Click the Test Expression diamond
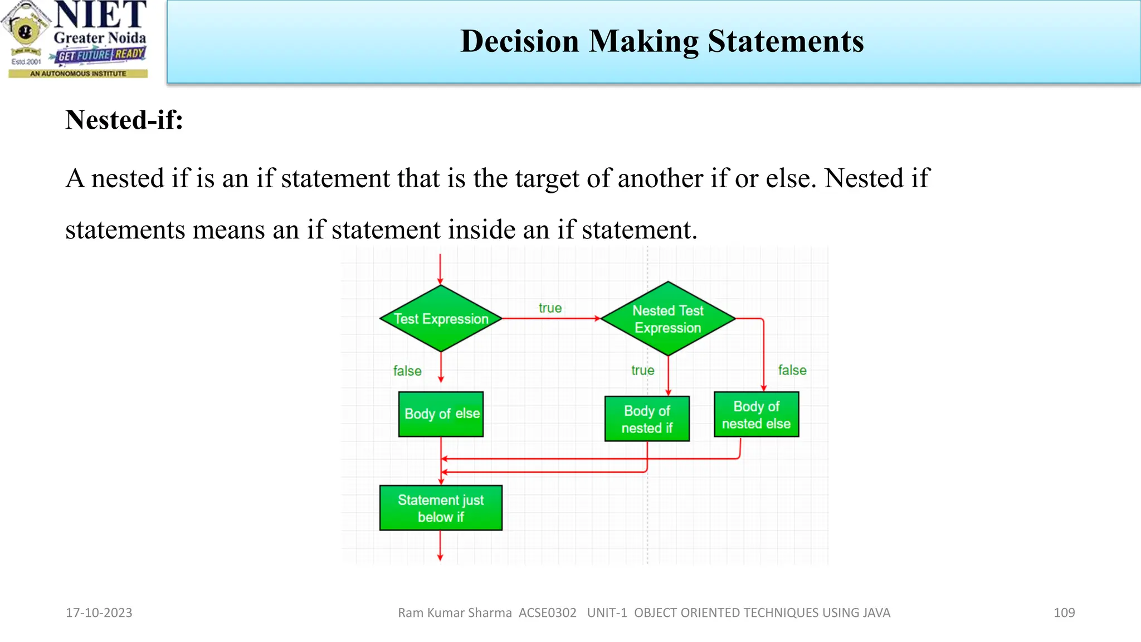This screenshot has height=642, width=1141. point(441,318)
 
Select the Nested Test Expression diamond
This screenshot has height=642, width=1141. point(668,319)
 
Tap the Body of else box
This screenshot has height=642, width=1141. point(441,414)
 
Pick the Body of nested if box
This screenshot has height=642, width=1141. point(647,419)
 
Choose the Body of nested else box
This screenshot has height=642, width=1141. point(756,415)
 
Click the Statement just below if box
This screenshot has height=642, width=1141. point(441,508)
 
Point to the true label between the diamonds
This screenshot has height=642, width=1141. point(550,308)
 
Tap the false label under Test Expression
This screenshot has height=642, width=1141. point(407,371)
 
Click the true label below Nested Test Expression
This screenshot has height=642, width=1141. point(642,371)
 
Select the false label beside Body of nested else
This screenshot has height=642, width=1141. point(792,371)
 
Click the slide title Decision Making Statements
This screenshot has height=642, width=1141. point(662,42)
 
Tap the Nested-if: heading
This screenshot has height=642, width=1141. point(124,120)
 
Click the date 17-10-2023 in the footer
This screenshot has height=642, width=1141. point(99,613)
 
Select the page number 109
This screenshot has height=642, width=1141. point(1064,613)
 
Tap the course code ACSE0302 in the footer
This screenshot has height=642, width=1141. point(547,613)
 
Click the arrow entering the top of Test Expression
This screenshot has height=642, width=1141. point(440,270)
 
